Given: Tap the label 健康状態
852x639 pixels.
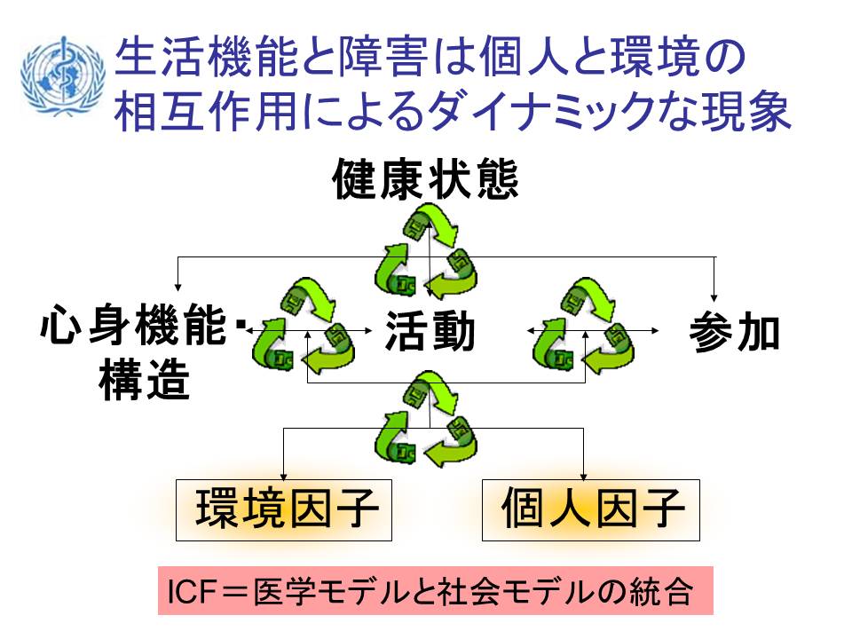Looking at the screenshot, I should coord(425,180).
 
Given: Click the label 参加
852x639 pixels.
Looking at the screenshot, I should coord(735,334).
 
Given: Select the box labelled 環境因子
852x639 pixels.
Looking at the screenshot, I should coord(284,510).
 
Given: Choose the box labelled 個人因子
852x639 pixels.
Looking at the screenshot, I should coord(591,510).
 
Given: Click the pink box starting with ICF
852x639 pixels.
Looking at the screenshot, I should coord(436,591).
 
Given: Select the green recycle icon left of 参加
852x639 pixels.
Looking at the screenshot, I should coord(583,327).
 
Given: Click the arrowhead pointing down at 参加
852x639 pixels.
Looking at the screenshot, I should coord(714,296).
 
